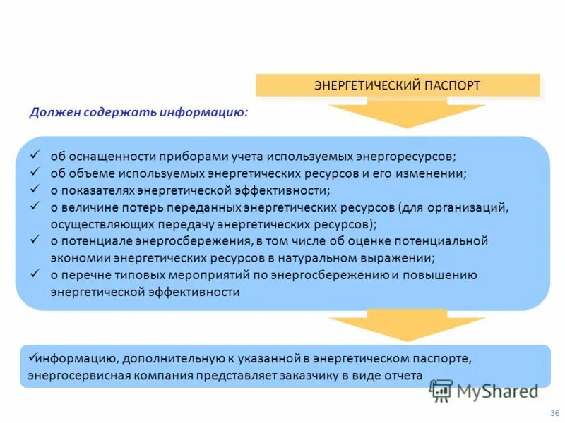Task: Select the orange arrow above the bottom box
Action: (x=407, y=326)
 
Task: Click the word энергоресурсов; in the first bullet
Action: (x=401, y=157)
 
